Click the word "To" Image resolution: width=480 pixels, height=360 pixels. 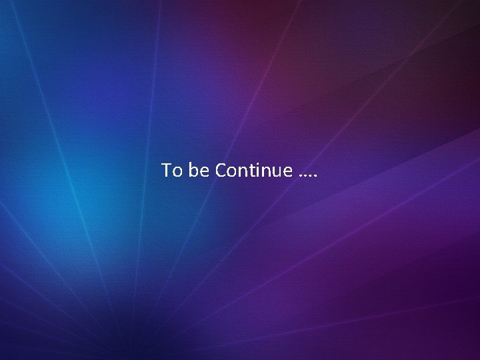171,171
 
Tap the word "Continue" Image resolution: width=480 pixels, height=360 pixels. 253,171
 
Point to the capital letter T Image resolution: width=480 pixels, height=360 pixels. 167,171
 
